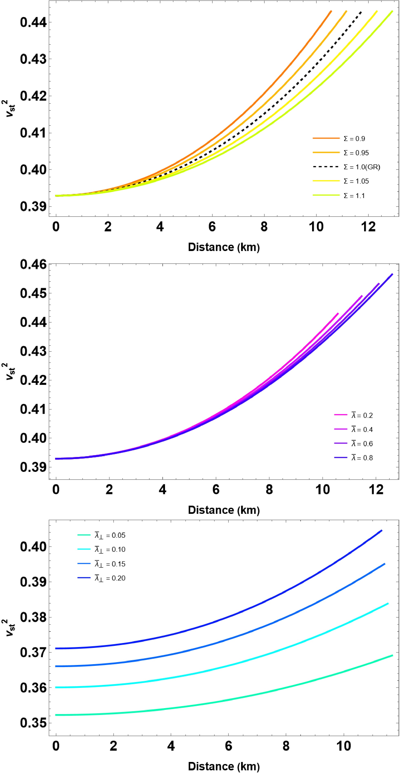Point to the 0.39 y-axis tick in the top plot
point(33,206)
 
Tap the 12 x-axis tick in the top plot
point(368,227)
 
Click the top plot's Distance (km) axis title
point(224,247)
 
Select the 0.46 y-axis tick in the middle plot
point(33,264)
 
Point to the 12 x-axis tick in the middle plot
point(376,490)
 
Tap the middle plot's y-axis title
point(11,371)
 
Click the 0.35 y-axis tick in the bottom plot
point(33,723)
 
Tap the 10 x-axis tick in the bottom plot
point(343,746)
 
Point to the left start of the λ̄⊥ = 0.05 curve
point(56,715)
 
